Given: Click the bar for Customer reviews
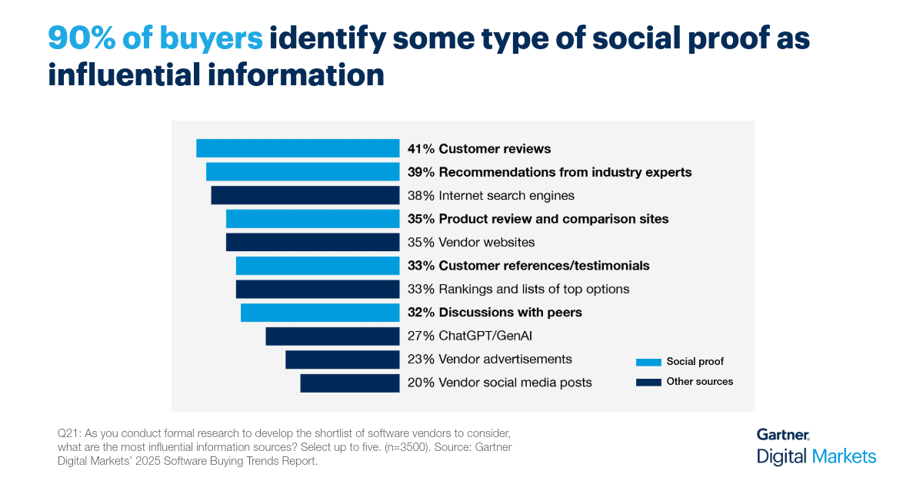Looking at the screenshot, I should pyautogui.click(x=298, y=148).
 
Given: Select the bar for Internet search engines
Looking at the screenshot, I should pyautogui.click(x=305, y=195).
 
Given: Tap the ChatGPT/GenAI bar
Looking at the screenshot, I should pyautogui.click(x=332, y=336).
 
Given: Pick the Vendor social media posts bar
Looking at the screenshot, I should pyautogui.click(x=350, y=383).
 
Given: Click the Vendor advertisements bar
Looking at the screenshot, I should pyautogui.click(x=342, y=360).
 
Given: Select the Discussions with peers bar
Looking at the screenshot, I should pyautogui.click(x=320, y=313).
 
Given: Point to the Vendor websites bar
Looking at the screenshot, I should pyautogui.click(x=312, y=242).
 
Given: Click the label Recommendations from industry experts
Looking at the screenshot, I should pyautogui.click(x=565, y=172).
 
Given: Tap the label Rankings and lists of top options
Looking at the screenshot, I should pyautogui.click(x=534, y=289).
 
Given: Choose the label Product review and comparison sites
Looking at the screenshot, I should pyautogui.click(x=554, y=219).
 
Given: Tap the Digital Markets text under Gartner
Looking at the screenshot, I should pyautogui.click(x=816, y=456).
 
